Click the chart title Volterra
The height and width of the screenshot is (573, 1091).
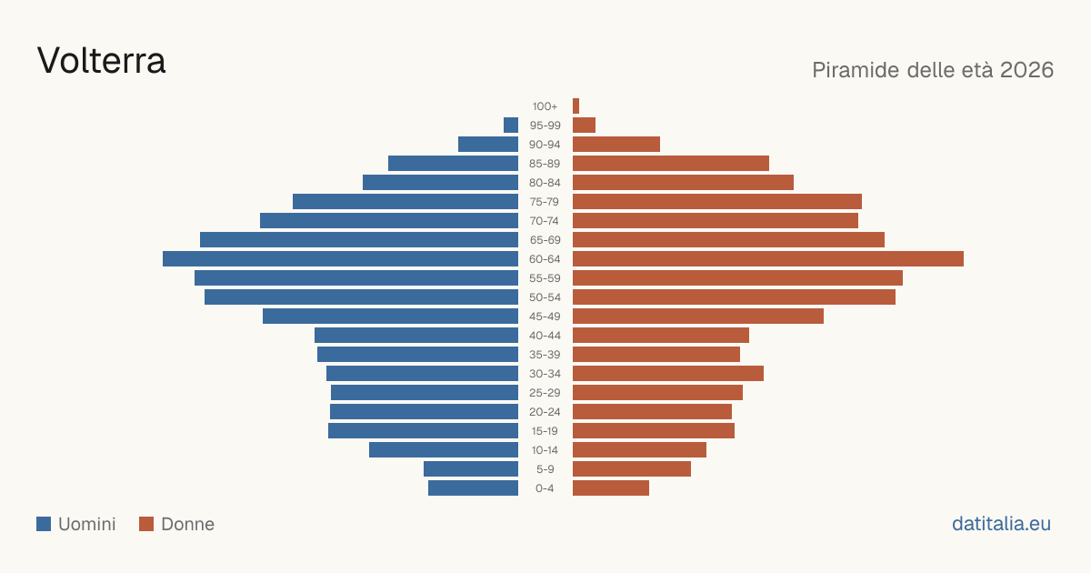coord(101,61)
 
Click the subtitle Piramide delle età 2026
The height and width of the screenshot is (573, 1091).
coord(933,70)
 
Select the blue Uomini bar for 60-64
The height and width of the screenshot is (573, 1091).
coord(340,258)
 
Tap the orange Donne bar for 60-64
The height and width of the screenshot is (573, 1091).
coord(768,258)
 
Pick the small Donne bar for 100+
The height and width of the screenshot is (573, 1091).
coord(576,106)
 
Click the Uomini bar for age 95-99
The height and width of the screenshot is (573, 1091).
coord(511,126)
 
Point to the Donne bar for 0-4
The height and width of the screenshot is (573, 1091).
coord(611,488)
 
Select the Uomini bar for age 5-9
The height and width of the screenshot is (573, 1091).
coord(471,468)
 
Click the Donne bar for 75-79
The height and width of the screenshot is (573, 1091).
coord(717,202)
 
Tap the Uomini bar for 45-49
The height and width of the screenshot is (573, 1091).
coord(391,317)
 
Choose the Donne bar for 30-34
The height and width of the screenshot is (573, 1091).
coord(668,373)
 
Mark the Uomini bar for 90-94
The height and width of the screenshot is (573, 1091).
coord(488,145)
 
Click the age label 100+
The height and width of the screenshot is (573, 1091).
coord(545,106)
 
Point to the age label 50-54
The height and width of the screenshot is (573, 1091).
coord(545,297)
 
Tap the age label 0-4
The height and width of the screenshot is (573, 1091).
coord(545,488)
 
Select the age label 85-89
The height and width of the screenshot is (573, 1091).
coord(545,164)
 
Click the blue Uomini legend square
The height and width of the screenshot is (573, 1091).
coord(44,524)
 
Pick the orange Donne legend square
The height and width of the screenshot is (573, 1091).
coord(146,524)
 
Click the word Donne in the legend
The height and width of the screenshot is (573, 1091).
coord(188,524)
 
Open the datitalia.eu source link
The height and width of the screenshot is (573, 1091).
coord(1001,524)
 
